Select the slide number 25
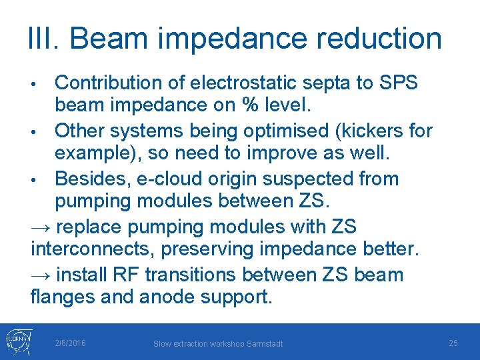tap(453, 343)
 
